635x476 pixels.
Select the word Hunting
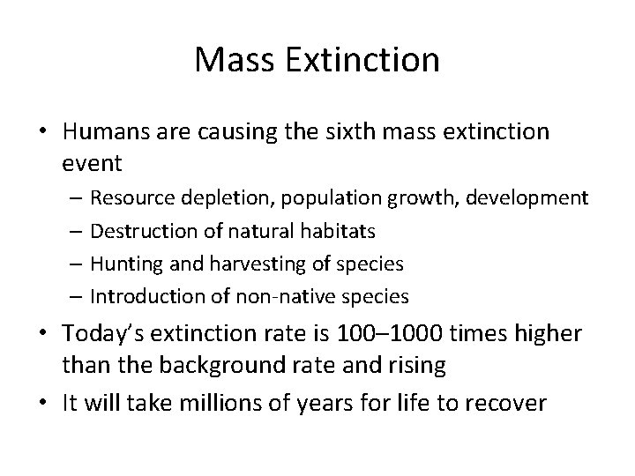[120, 264]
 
